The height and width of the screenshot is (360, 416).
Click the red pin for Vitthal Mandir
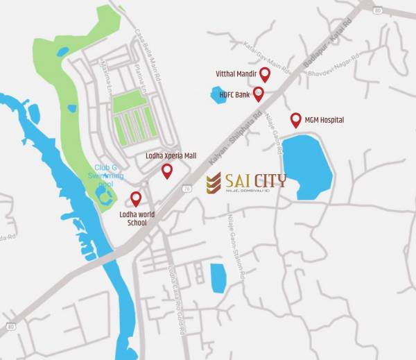[x=264, y=74]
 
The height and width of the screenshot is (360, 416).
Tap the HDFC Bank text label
[x=235, y=94]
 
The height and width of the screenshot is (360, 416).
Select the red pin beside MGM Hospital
[x=295, y=119]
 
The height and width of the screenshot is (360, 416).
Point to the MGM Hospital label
[x=325, y=120]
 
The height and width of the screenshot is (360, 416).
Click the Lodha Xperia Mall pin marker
[x=167, y=171]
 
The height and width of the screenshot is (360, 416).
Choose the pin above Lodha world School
[x=136, y=199]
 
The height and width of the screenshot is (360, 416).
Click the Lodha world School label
[x=137, y=218]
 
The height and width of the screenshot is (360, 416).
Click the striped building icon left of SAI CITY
[x=214, y=183]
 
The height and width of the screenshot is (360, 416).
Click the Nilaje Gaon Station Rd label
[x=234, y=246]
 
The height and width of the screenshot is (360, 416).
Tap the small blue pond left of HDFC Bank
[x=218, y=95]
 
